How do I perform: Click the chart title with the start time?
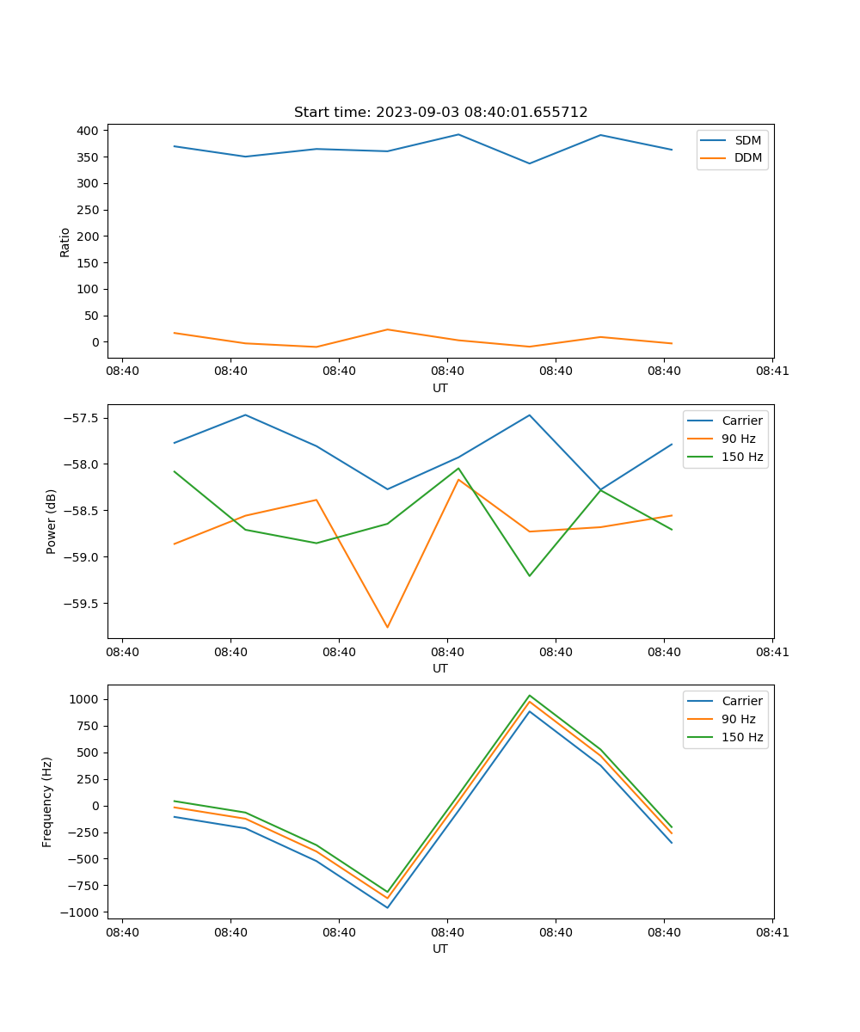point(440,113)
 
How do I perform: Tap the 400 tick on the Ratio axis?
point(89,131)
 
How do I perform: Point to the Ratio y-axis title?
point(65,242)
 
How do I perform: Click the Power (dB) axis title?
point(52,522)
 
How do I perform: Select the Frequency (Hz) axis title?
point(47,802)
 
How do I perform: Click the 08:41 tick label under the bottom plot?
point(772,932)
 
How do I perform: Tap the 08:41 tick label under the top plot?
point(772,372)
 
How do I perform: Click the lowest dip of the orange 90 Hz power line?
point(387,627)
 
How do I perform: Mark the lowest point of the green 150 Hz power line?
point(530,576)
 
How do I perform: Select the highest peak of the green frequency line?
point(530,696)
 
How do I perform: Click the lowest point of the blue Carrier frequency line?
point(387,907)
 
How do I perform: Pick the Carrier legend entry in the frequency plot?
point(742,701)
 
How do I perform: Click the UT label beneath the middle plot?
point(440,668)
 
